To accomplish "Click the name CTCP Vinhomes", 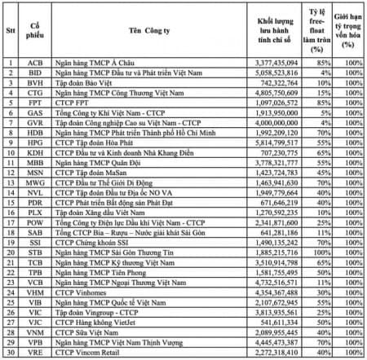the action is (95, 292).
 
